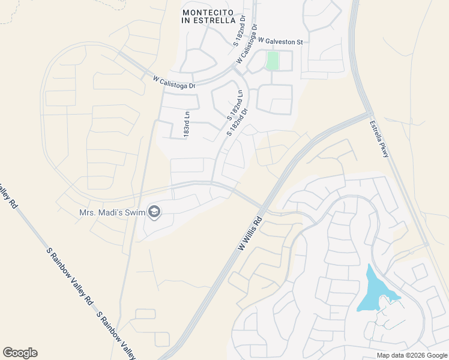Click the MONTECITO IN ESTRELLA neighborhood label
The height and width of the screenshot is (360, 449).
coord(208,16)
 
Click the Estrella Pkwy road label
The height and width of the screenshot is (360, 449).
coord(379,139)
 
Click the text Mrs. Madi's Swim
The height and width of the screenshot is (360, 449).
coord(112,212)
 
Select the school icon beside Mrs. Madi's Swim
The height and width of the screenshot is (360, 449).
coord(154,212)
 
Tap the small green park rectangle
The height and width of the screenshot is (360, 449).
coord(273,61)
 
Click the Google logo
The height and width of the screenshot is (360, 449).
coord(20,353)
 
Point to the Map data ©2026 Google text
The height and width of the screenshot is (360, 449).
coord(412,355)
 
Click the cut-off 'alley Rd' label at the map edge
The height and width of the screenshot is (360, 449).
coord(8,198)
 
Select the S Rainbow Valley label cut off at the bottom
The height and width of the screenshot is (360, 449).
coord(116,336)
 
